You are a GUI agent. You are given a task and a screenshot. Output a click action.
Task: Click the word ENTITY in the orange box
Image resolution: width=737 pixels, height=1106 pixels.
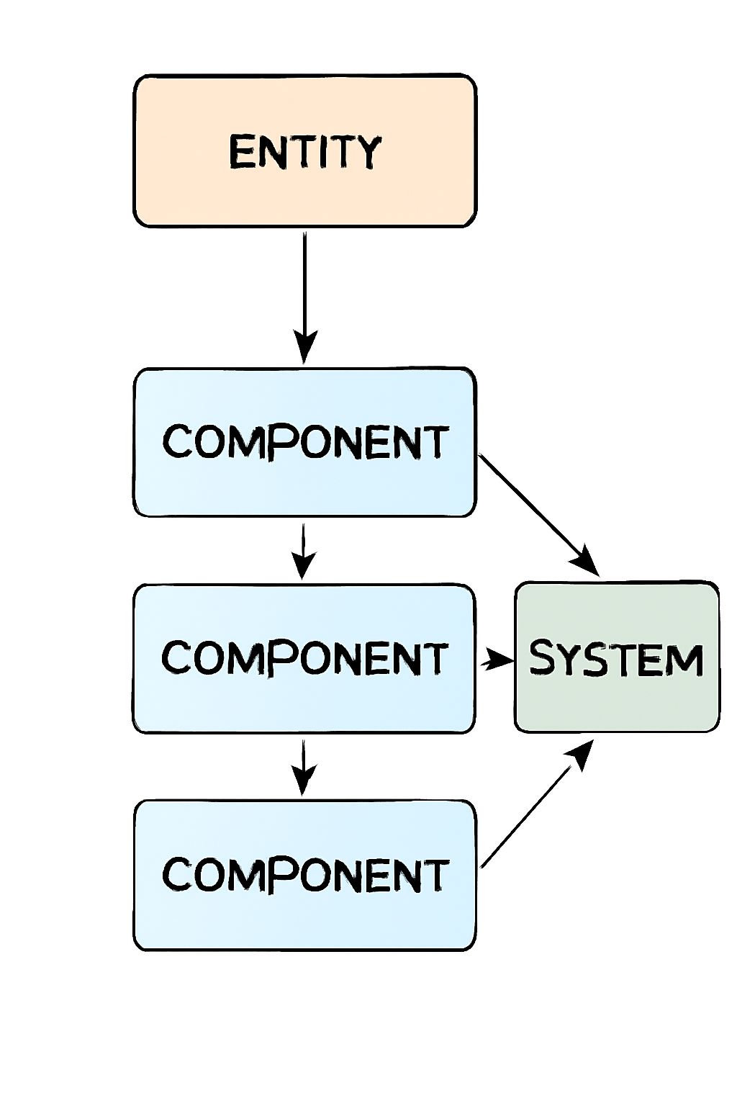tap(304, 152)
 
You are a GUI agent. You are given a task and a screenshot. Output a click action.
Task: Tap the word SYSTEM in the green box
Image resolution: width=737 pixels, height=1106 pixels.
tap(616, 659)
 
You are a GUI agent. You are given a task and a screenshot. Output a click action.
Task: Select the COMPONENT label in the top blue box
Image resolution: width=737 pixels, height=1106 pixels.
tap(305, 441)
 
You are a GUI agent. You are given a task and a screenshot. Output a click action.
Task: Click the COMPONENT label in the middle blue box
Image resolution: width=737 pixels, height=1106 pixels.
tap(304, 657)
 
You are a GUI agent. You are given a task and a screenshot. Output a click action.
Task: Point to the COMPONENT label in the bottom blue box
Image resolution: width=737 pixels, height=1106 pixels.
tap(305, 874)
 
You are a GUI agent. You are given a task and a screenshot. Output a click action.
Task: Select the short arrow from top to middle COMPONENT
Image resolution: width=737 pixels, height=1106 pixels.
tap(304, 550)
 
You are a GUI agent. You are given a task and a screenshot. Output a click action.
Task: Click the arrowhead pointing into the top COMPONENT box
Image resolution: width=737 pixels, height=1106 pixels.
tap(304, 347)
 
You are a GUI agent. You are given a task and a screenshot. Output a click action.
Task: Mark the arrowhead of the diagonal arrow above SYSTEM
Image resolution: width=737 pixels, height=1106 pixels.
tap(587, 562)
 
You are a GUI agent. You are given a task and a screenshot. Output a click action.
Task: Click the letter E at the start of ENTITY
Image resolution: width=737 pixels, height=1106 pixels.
tap(242, 152)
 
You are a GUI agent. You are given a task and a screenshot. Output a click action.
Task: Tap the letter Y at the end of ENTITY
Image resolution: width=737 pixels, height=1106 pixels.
tap(368, 152)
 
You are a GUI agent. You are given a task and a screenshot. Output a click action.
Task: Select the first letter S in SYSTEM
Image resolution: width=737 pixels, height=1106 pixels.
tap(543, 658)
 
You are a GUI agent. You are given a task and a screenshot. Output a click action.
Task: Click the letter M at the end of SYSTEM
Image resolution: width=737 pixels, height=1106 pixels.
tap(684, 660)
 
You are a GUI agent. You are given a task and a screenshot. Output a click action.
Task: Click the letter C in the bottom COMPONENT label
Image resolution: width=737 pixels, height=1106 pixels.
tap(176, 874)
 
